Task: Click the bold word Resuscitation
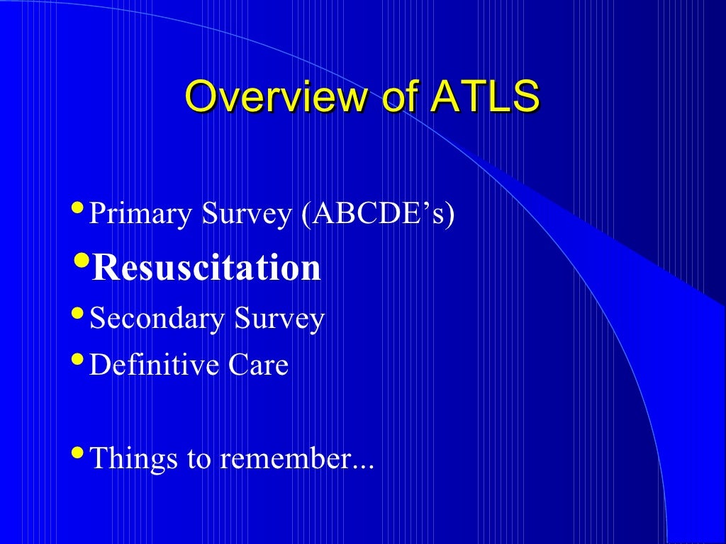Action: point(206,268)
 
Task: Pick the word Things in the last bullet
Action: point(133,458)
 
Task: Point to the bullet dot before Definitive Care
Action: point(77,358)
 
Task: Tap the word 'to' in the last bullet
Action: point(199,458)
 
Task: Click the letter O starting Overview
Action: point(199,97)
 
